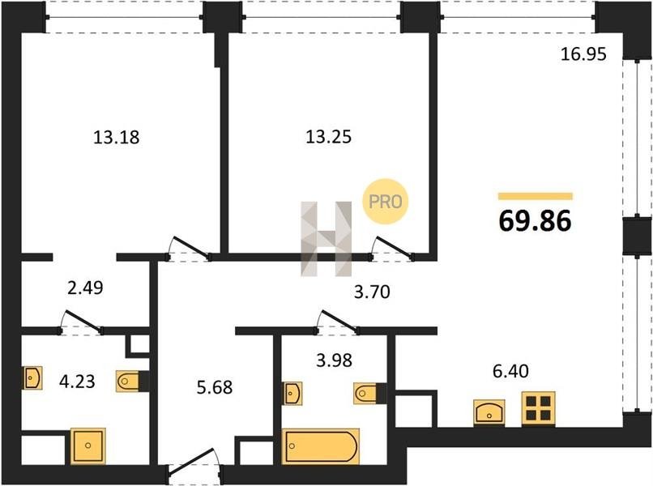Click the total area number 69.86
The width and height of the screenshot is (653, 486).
click(536, 220)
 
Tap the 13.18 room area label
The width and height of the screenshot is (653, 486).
click(116, 137)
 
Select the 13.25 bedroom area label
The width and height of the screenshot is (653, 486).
click(329, 137)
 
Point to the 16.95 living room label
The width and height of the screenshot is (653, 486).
click(583, 54)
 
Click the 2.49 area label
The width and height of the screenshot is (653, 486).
click(85, 288)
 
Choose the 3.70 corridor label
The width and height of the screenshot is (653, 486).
click(372, 292)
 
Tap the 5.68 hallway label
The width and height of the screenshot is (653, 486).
click(215, 387)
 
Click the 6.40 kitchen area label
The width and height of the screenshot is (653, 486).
click(510, 371)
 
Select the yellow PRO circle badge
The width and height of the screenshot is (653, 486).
click(386, 202)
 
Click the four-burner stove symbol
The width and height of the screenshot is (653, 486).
click(539, 408)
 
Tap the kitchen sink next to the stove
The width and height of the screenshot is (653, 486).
click(489, 411)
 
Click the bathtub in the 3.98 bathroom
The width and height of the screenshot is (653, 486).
click(321, 446)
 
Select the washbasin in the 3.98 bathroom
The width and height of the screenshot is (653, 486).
click(292, 393)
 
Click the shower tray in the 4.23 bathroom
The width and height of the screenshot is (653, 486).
click(87, 446)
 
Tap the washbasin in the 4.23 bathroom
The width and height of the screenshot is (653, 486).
click(32, 378)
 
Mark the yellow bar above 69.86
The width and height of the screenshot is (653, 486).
click(536, 197)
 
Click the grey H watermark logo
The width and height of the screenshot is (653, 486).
click(326, 239)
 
